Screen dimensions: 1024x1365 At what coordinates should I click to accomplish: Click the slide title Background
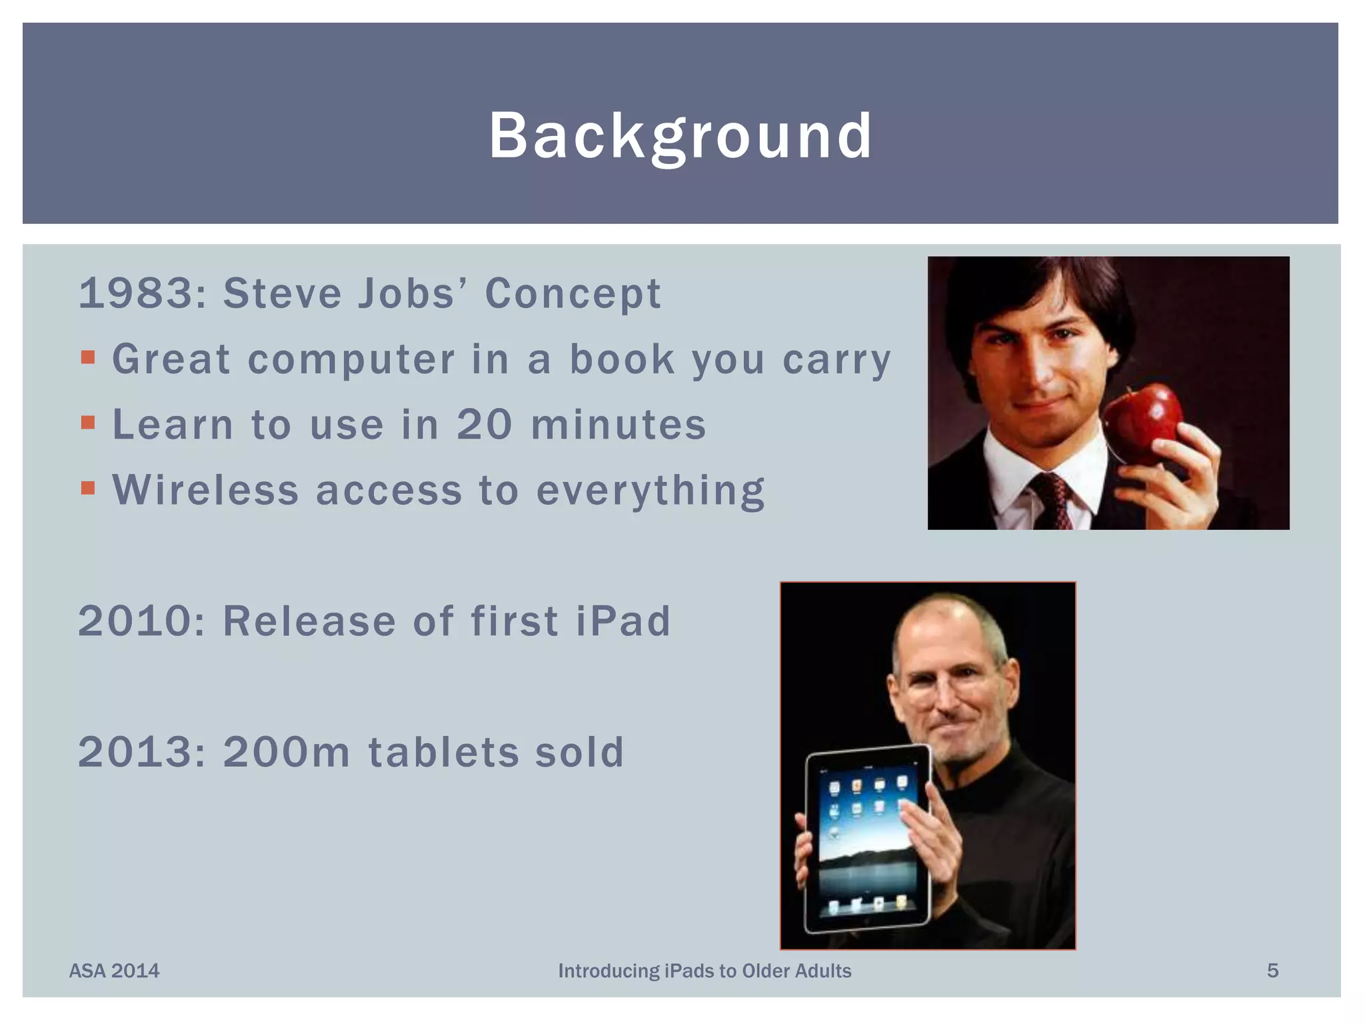[x=681, y=136]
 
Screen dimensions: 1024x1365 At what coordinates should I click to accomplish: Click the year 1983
[x=137, y=293]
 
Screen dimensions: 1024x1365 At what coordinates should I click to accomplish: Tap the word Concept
[x=573, y=295]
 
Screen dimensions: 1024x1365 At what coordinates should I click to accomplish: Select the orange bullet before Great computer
[x=88, y=358]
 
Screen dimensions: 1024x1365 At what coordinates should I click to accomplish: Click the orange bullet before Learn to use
[x=88, y=423]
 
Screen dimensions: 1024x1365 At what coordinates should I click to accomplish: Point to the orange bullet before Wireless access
[x=88, y=488]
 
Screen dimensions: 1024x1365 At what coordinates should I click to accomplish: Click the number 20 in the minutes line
[x=484, y=425]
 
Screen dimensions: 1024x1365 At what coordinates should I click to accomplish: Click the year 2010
[x=136, y=621]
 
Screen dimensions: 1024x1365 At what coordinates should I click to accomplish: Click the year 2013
[x=136, y=752]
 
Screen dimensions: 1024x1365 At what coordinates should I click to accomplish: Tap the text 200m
[x=287, y=752]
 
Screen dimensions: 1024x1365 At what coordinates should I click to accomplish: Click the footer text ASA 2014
[x=114, y=971]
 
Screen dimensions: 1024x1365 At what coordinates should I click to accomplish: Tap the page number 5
[x=1272, y=971]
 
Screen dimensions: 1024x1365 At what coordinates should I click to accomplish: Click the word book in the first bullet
[x=621, y=360]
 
